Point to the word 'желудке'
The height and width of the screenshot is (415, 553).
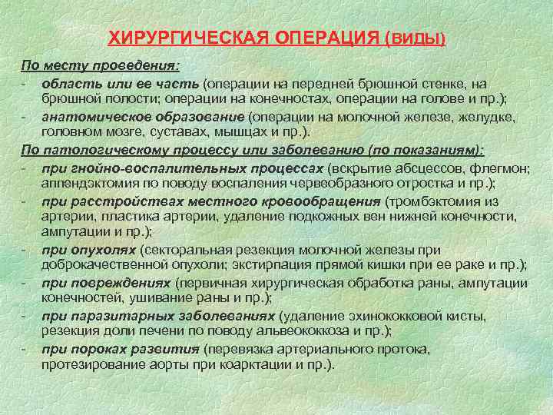488,117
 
